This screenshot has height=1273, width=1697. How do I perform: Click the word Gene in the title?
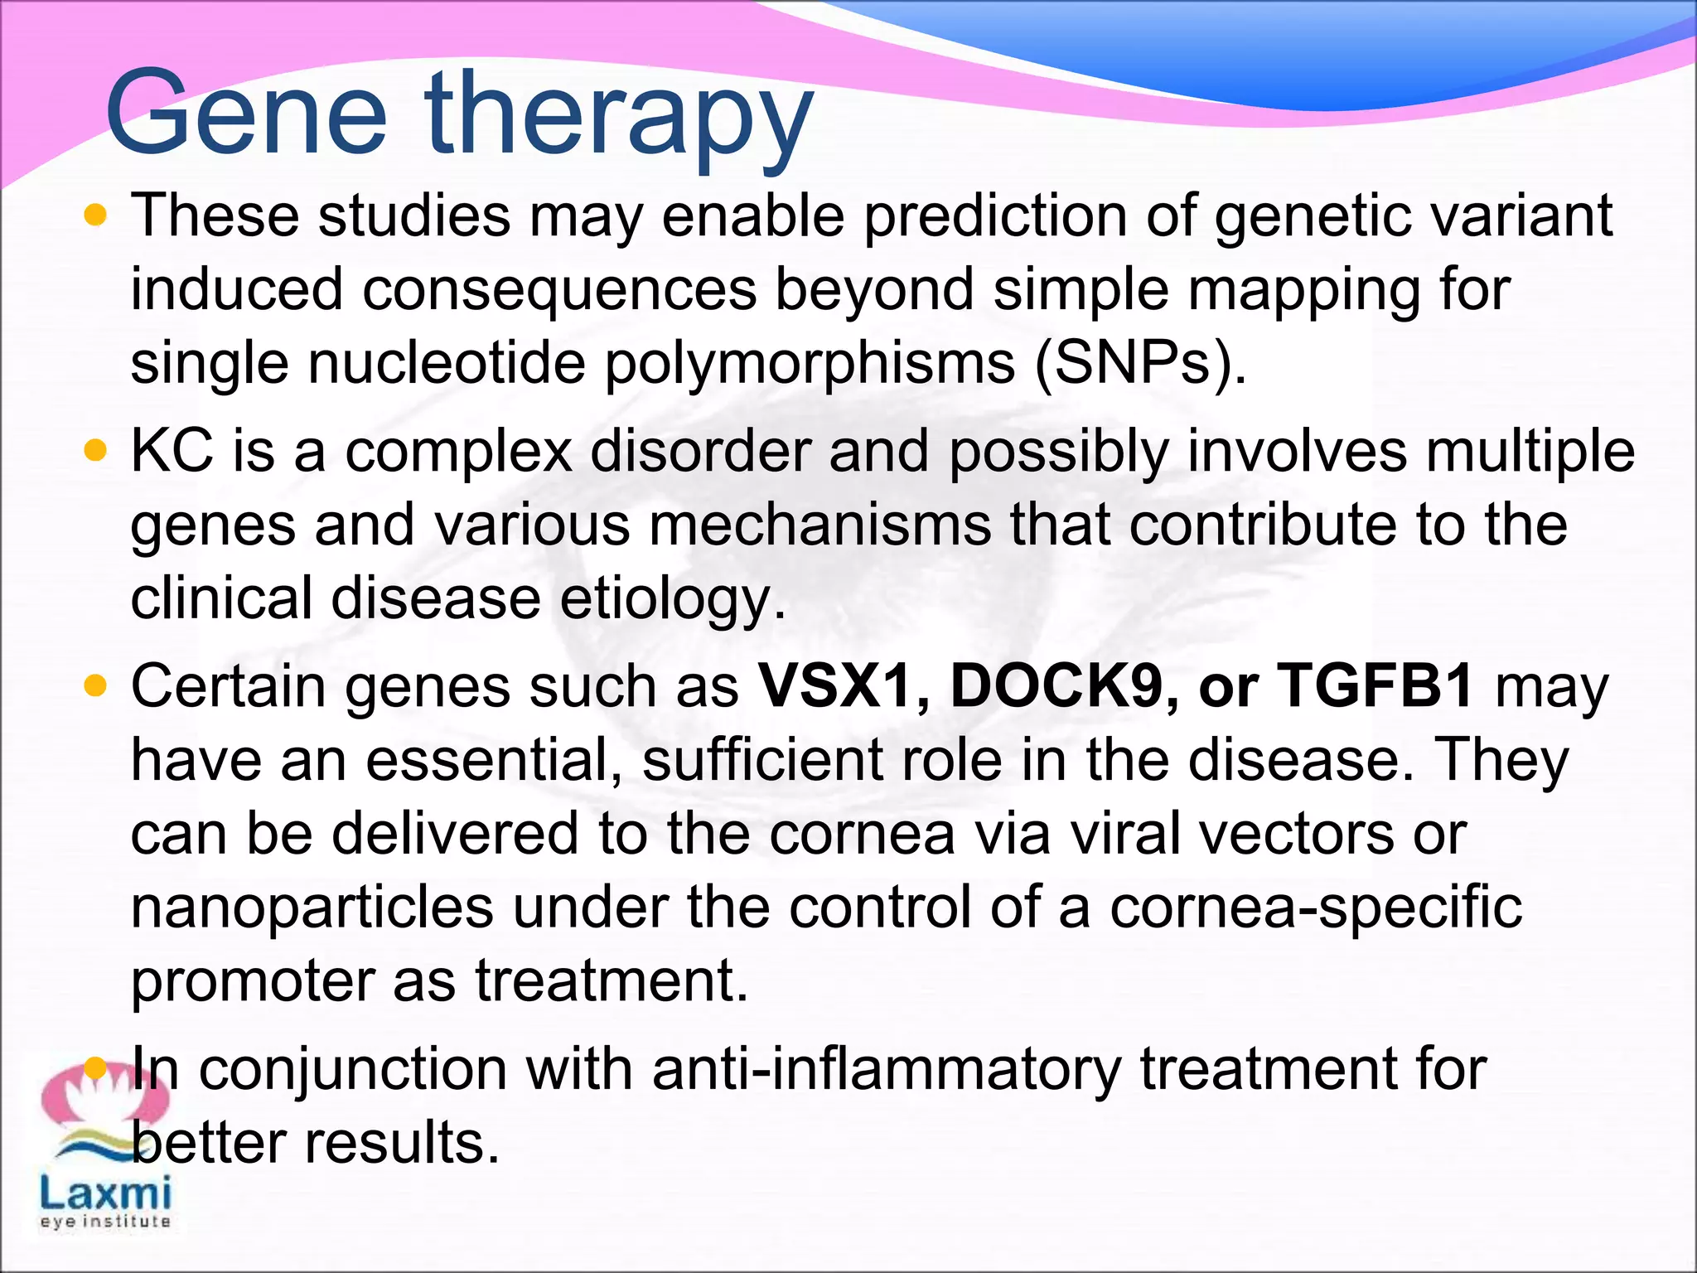point(246,114)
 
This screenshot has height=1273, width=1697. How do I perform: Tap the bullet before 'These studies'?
point(96,215)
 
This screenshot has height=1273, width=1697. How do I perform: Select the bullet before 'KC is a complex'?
point(96,452)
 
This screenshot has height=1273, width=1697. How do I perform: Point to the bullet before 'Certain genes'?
point(96,686)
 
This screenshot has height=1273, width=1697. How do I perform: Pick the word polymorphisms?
point(810,365)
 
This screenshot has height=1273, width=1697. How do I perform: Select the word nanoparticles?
point(312,908)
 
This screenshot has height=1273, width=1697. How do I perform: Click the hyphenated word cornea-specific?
point(1315,908)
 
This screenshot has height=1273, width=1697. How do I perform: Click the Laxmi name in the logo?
point(106,1194)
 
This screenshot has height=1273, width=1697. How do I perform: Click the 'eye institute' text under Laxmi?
point(105,1222)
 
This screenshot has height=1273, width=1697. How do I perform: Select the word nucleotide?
point(447,364)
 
